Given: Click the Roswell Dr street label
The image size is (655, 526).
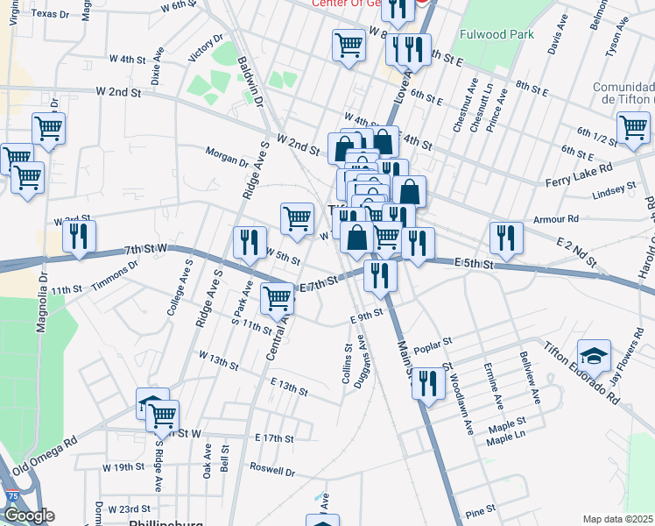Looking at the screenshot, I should click(x=272, y=471).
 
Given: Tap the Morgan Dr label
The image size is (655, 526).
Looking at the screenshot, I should click(x=227, y=155).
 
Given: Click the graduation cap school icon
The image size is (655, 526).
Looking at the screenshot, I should click(x=594, y=355).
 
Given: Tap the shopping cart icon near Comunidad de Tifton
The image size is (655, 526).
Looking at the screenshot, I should click(x=633, y=127).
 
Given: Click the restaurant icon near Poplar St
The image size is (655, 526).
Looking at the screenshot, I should click(x=427, y=383).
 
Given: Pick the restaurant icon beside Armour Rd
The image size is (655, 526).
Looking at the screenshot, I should click(x=506, y=237).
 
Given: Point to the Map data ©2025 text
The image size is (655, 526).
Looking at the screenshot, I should click(x=617, y=519).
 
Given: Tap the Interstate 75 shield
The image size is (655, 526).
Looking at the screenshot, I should click(x=12, y=496).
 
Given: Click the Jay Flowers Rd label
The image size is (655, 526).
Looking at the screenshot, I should click(x=624, y=359).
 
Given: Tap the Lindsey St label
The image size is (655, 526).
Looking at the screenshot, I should click(x=614, y=190).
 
